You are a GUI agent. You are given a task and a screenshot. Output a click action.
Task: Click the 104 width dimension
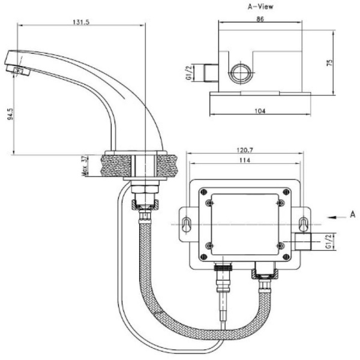[260, 111]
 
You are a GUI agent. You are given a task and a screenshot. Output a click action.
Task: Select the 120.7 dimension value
[244, 149]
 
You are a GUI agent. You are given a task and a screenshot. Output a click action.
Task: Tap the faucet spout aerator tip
[20, 71]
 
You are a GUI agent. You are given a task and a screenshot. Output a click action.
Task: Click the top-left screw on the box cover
[209, 203]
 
